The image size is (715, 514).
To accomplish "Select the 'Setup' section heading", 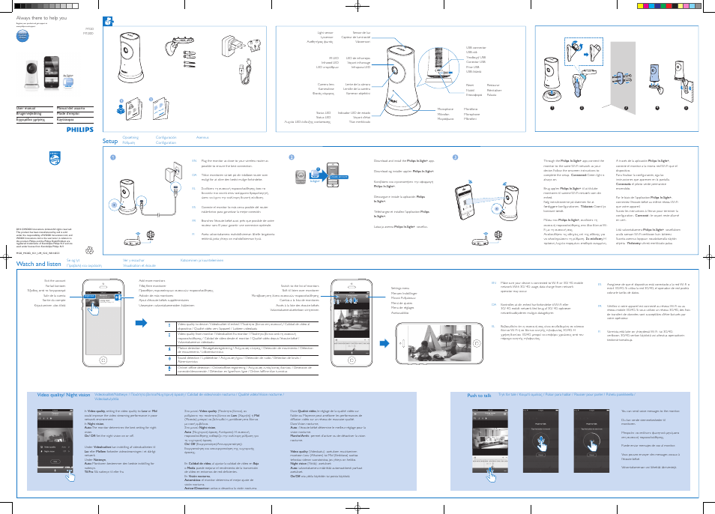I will pos(109,139).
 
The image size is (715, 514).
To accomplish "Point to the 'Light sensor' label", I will pos(325,33).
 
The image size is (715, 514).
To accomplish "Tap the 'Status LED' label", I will pos(324,112).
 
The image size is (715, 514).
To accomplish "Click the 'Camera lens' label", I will pos(325,85).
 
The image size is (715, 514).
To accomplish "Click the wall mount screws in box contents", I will pos(190,54).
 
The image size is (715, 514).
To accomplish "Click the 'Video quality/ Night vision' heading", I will pos(64,394).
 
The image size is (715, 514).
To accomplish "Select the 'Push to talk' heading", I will pos(480,395).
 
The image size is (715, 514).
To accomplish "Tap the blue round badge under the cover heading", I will pos(23,35).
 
